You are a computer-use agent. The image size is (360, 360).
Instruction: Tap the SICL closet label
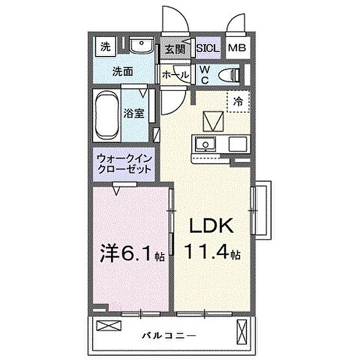coord(208,49)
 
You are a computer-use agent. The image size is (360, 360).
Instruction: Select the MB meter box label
coord(237,49)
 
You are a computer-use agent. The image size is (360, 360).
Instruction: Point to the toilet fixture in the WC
coord(229,75)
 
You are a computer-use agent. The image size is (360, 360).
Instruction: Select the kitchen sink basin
coord(206,143)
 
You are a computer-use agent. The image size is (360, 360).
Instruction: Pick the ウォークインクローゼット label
coord(124,164)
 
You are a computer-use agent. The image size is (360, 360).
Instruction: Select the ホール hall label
coord(175,75)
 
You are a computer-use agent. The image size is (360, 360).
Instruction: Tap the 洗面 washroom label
coord(123,72)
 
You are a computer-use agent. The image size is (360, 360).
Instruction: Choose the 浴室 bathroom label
coord(134,114)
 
